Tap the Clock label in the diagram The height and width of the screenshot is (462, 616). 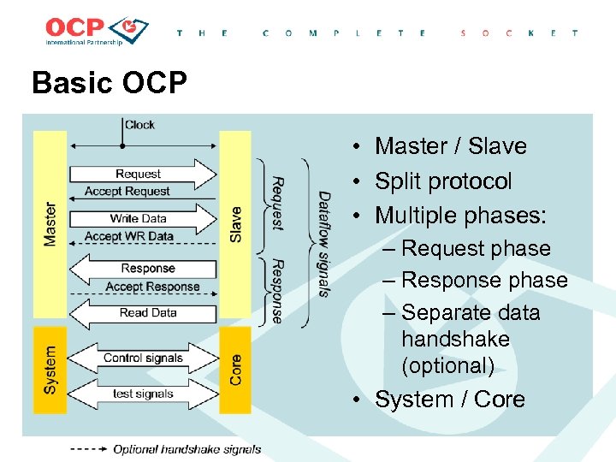(x=139, y=125)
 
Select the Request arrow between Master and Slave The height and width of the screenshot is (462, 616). (x=141, y=174)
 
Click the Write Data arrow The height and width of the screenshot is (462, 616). (x=141, y=218)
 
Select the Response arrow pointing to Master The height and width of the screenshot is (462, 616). (x=141, y=269)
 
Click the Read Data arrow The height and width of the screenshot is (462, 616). (x=145, y=312)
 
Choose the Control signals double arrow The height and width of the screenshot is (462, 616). (x=142, y=358)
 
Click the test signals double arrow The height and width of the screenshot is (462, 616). (x=142, y=394)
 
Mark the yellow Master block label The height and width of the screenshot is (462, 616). (x=50, y=224)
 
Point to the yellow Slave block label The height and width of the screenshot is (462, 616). (x=235, y=224)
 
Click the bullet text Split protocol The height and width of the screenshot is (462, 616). (x=443, y=181)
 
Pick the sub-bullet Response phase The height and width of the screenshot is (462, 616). (x=483, y=281)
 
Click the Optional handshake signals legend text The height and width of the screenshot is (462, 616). (x=187, y=449)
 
